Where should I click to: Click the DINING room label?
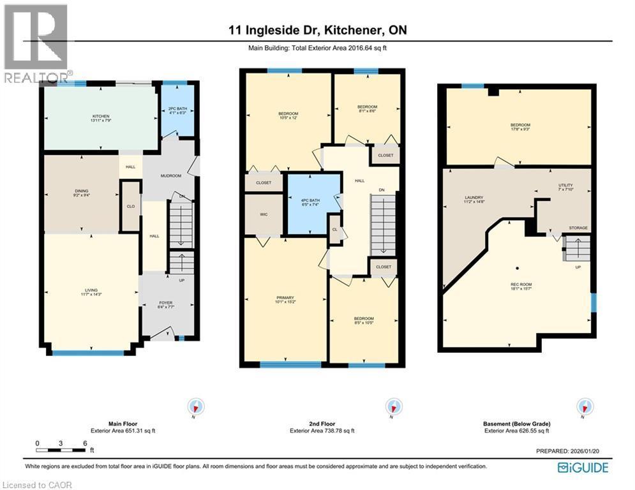[x=80, y=191]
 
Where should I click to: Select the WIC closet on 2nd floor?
[x=264, y=215]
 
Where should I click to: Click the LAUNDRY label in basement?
[x=474, y=199]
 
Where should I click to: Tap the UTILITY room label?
[x=566, y=186]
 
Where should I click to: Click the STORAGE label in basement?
[x=579, y=228]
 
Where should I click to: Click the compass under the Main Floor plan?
[x=197, y=406]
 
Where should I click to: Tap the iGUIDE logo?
[x=582, y=468]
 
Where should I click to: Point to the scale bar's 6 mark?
[x=84, y=443]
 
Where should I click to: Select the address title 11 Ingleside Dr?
[x=317, y=30]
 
